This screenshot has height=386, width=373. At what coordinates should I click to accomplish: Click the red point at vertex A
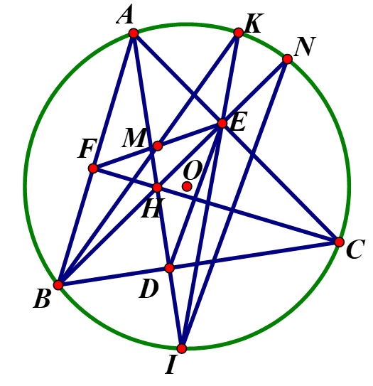point(134,33)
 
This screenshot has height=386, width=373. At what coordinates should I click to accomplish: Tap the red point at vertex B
point(58,285)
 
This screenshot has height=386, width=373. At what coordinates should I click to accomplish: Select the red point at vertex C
point(340,242)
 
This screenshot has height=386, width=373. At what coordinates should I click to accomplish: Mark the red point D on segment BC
point(170,268)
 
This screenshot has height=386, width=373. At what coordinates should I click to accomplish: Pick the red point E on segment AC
point(222,123)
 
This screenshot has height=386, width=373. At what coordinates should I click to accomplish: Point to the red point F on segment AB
point(93,168)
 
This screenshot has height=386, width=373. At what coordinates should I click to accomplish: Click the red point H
point(157,188)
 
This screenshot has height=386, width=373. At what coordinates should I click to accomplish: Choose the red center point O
point(187,186)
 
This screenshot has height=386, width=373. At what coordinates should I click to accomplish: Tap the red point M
point(158,146)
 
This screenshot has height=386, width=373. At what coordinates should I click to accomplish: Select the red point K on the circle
point(239,33)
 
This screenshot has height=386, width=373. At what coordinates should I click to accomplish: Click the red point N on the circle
point(287,59)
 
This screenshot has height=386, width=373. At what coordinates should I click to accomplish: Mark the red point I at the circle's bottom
point(182,348)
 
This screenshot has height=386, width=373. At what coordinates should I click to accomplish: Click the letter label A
point(125,14)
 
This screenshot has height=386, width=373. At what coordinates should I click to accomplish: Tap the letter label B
point(43,299)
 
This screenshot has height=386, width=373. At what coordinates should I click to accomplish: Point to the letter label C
point(355,249)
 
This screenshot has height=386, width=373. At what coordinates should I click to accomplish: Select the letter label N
point(305,46)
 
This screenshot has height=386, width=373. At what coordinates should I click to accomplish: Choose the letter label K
point(254,23)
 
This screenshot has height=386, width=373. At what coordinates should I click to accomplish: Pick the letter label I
point(171,365)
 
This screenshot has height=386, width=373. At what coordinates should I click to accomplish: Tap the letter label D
point(148,289)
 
